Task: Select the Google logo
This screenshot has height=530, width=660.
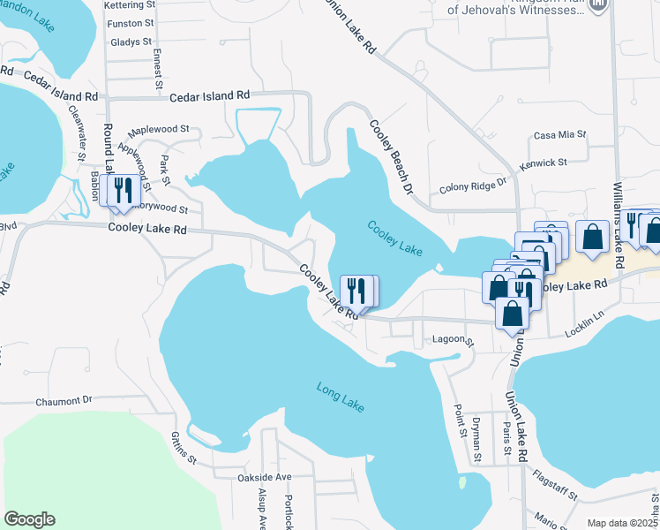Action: coord(29,519)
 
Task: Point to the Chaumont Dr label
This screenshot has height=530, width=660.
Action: coord(64,400)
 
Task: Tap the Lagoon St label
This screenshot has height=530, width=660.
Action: coord(453,340)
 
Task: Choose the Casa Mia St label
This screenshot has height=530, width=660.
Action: coord(560,134)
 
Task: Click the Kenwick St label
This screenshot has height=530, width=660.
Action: coord(544,163)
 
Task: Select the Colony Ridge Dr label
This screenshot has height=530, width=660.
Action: coord(475,187)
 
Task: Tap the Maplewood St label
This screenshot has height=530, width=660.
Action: coord(161,128)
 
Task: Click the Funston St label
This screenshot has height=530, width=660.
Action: coord(130,23)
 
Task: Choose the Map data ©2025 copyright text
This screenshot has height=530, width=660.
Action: coord(622,523)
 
